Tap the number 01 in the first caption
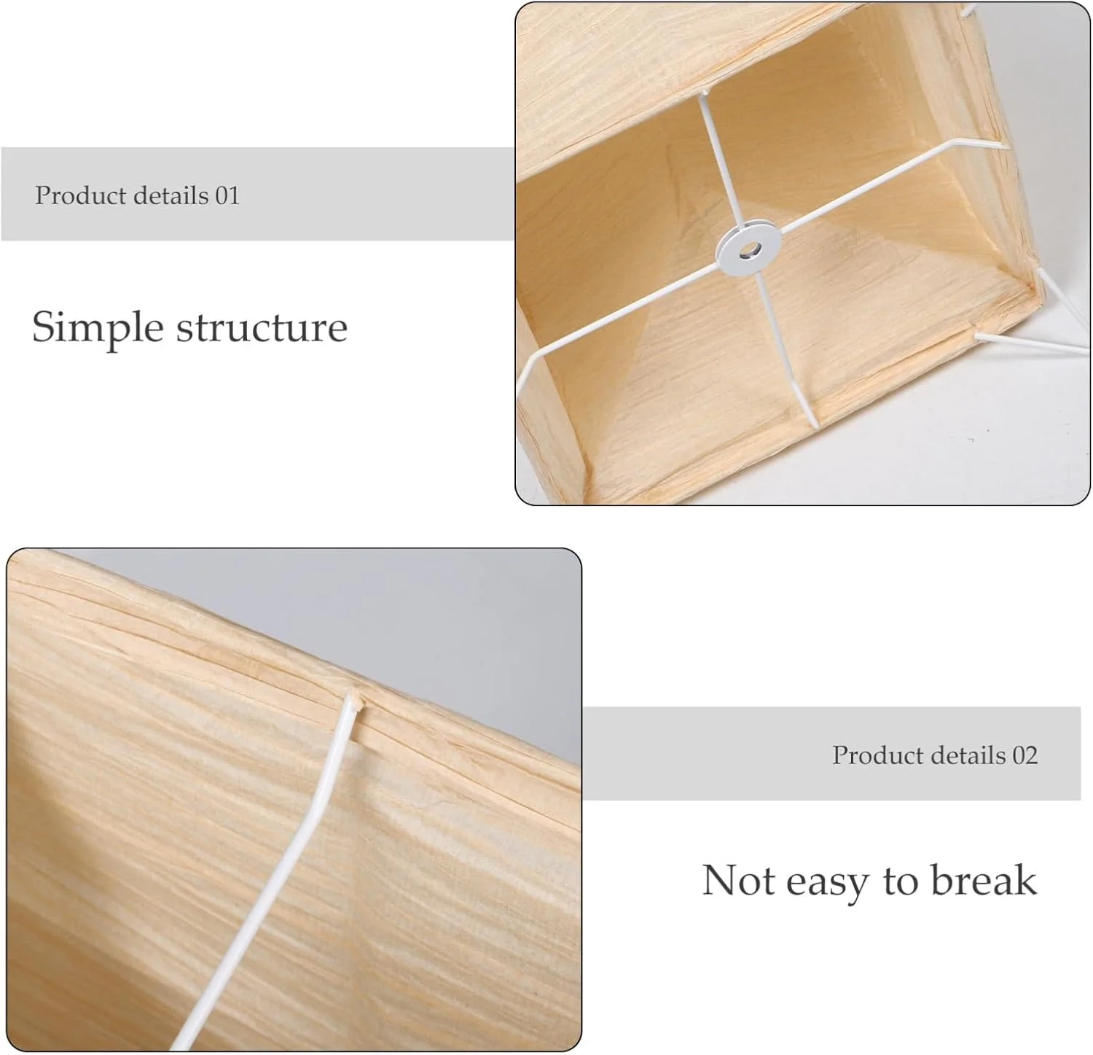click(227, 195)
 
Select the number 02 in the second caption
click(1025, 755)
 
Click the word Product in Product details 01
click(81, 195)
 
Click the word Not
click(738, 880)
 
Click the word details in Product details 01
click(171, 195)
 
